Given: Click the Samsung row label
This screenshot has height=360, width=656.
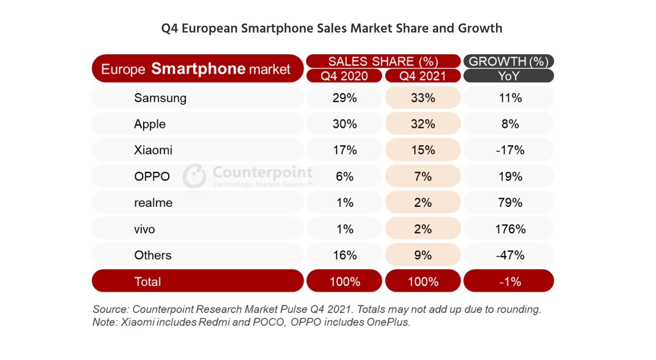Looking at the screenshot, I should pos(160,98).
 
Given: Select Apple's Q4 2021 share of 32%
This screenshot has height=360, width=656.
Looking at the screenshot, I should pos(422,124).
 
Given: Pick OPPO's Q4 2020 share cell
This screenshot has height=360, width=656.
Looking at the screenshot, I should pos(344,177).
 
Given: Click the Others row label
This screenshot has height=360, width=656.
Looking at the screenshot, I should pos(153,255).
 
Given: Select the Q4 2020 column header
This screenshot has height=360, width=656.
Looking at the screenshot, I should pos(344,76).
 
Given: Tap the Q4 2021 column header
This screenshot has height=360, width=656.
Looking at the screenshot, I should pos(422,76).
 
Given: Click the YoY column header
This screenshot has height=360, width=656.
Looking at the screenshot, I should pos(509,76).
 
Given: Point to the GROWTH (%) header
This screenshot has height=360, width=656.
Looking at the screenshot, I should pos(509,61).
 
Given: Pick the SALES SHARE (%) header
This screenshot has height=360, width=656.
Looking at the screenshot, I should pos(383,61).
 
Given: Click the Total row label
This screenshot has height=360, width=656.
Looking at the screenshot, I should pos(148,282).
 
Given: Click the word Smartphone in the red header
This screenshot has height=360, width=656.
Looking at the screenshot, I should pos(198,69).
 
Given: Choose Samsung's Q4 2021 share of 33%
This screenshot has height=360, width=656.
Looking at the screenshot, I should pos(422,98).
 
